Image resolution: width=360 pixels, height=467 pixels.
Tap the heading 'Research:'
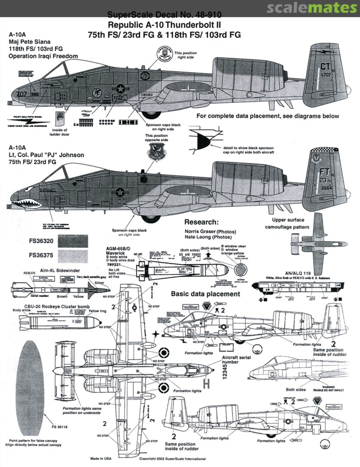tap(201, 222)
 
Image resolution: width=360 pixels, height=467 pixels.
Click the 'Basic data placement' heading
tap(205, 294)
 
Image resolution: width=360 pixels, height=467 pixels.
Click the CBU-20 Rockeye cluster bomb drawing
tap(56, 322)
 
